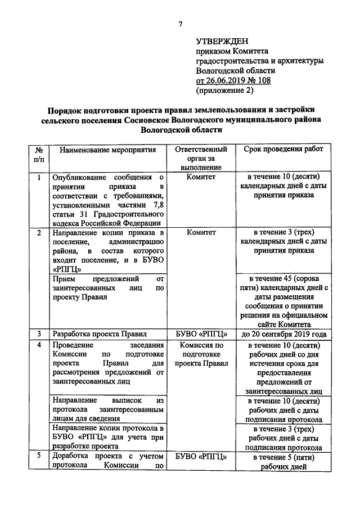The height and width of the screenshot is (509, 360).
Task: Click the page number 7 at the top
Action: click(180, 23)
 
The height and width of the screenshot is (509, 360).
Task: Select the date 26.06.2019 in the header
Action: click(225, 80)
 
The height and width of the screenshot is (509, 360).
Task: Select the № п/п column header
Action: click(39, 155)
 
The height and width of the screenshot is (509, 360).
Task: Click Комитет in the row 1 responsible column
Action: click(201, 177)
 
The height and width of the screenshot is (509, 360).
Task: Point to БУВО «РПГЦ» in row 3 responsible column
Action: click(201, 334)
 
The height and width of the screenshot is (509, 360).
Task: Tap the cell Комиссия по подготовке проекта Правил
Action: click(201, 354)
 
